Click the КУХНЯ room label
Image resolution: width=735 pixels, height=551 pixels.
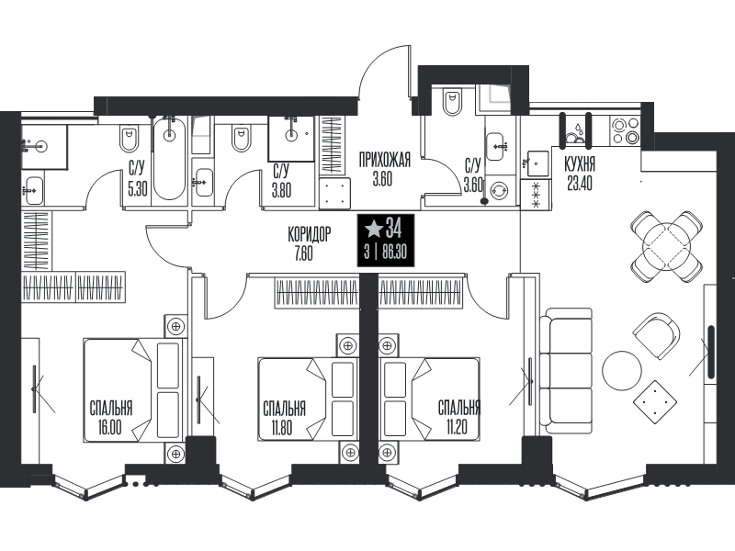580,165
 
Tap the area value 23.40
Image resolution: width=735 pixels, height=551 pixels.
580,184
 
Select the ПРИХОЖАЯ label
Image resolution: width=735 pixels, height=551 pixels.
384,160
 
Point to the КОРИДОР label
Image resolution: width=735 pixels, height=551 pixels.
310,234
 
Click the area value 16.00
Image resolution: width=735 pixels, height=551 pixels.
109,428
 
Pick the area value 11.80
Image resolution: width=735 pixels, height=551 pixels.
282,428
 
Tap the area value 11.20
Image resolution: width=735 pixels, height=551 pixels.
456,427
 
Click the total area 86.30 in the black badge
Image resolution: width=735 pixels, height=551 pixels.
395,253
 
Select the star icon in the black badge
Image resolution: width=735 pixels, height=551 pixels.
374,229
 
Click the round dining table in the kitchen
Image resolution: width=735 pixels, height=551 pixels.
667,245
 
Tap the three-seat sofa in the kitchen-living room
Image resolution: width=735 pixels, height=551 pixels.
565,371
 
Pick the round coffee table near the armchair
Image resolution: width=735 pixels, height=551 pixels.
622,370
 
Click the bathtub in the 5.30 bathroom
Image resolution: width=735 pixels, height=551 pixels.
169,158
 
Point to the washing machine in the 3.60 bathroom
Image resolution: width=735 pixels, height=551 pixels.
498,191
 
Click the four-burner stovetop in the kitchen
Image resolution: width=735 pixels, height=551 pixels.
625,130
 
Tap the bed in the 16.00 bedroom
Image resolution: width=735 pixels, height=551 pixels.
132,389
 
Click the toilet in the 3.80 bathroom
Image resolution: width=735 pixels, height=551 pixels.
241,139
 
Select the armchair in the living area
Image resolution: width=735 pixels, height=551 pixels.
656,336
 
